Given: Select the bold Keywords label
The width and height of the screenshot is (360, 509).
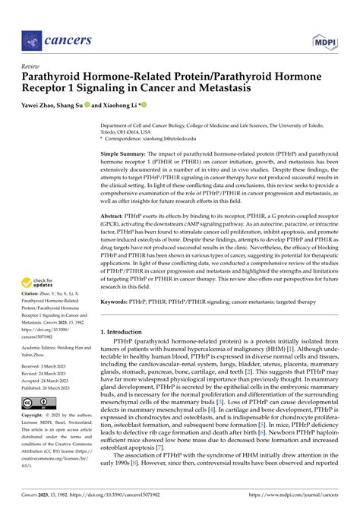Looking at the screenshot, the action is pos(118,301).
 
